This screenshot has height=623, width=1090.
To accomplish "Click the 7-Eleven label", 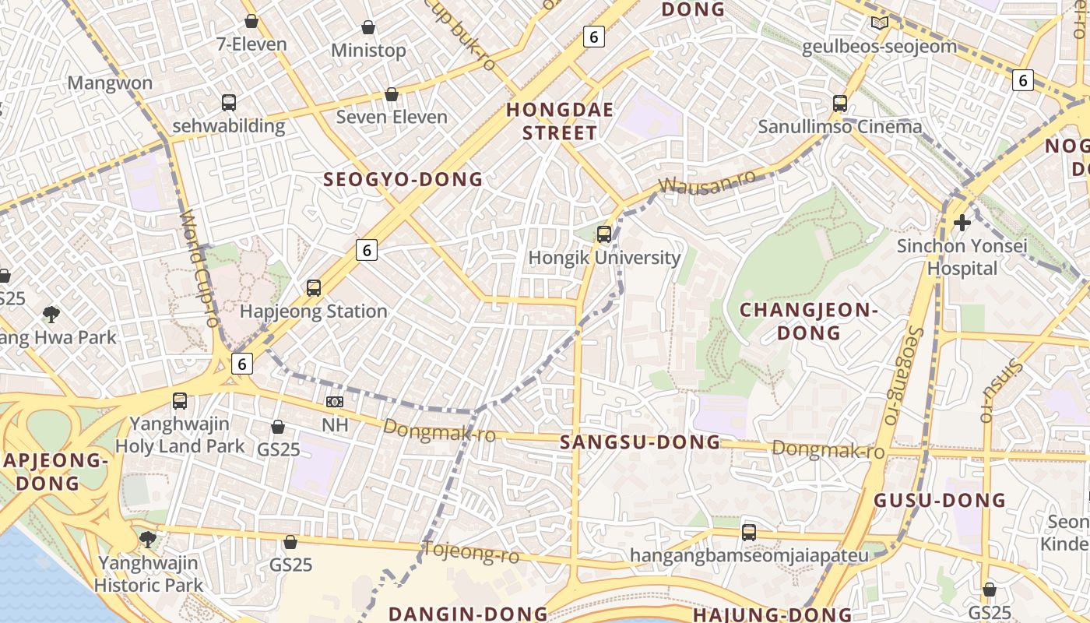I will (x=251, y=44).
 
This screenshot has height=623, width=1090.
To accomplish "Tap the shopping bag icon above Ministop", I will (x=368, y=28).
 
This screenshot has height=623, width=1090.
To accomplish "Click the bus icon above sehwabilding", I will (x=229, y=102).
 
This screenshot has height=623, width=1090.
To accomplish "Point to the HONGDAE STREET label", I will (x=560, y=121).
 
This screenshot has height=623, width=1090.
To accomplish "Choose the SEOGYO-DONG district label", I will (x=403, y=180).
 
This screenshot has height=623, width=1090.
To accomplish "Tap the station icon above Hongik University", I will (x=604, y=234).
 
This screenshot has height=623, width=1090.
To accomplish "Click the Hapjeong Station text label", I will (x=313, y=311).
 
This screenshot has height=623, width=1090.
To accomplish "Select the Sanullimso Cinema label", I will (x=840, y=127).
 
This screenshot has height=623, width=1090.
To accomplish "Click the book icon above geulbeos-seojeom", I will (x=879, y=23).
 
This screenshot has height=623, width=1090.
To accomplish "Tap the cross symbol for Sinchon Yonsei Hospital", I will (x=962, y=223).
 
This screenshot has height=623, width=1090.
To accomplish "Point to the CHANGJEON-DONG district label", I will (x=808, y=322).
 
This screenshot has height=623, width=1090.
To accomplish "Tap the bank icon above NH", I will (x=335, y=402).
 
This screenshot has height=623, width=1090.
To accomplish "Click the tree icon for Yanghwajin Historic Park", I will (x=147, y=539).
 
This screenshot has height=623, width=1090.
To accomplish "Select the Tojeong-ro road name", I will (x=470, y=553).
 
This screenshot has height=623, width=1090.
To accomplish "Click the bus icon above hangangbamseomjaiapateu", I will (x=749, y=533).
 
